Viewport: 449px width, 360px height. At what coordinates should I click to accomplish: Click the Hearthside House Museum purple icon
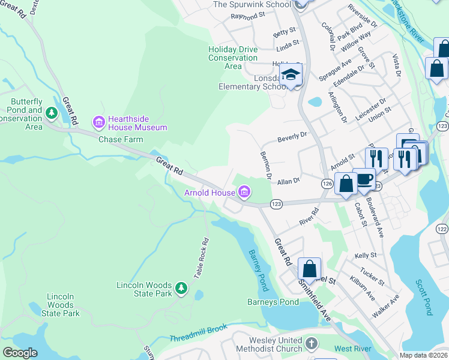(98, 122)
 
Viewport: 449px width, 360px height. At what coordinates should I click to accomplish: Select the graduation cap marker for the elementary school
(292, 76)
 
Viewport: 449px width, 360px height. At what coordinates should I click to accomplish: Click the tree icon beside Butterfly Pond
(52, 112)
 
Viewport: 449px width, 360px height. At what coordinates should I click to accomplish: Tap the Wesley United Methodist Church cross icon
(311, 344)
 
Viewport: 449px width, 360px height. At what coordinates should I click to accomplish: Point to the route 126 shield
(327, 184)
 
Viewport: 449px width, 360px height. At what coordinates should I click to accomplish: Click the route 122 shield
(442, 229)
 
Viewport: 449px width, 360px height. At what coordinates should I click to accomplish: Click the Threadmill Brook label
(199, 339)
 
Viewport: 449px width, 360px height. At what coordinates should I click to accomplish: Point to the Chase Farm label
(121, 139)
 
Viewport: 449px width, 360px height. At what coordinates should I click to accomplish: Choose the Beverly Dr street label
(292, 137)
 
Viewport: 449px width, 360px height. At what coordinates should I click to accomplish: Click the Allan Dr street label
(288, 181)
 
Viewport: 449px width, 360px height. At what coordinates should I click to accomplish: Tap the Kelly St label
(365, 255)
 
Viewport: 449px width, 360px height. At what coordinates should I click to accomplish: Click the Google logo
(20, 353)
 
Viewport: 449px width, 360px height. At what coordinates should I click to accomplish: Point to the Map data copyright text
(423, 355)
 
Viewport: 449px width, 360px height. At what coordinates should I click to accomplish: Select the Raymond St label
(247, 16)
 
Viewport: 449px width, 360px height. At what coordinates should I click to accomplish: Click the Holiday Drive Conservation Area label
(233, 58)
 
